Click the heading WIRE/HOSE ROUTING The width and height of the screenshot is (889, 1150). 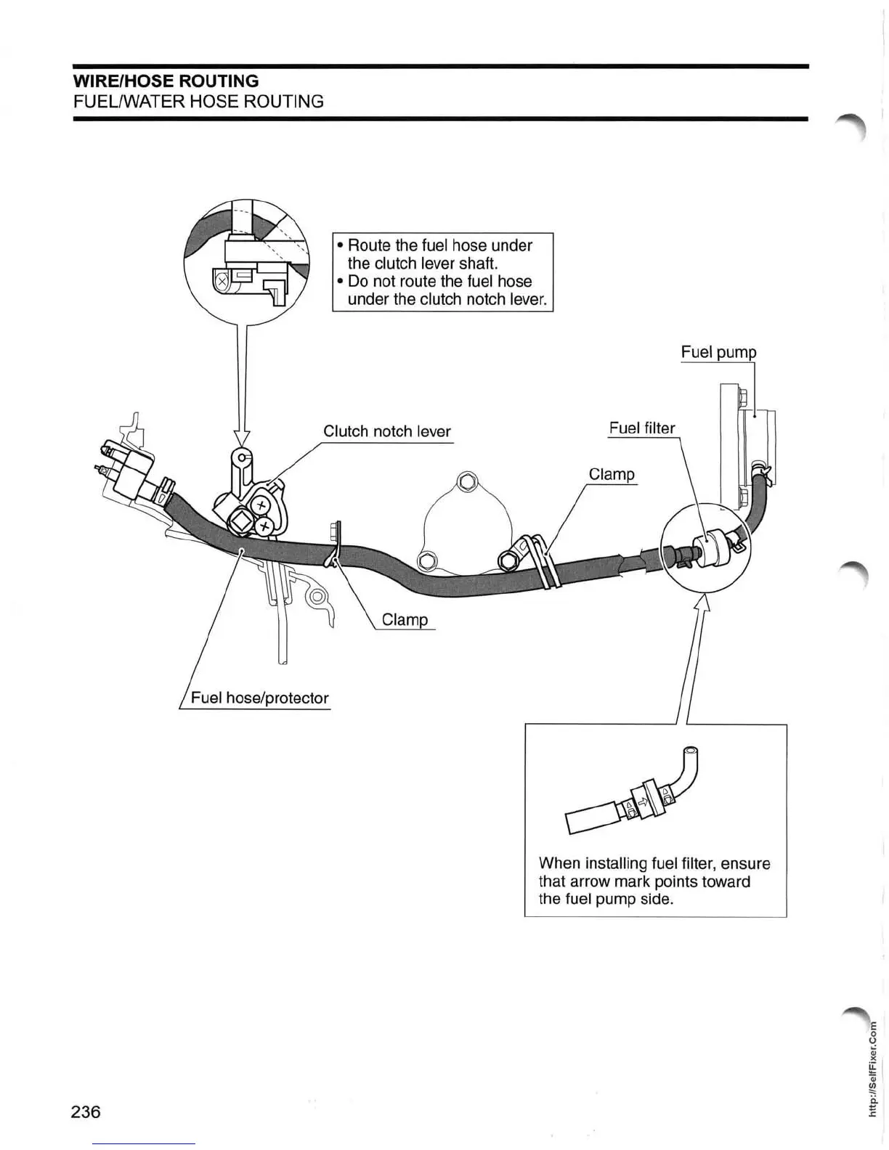click(x=166, y=81)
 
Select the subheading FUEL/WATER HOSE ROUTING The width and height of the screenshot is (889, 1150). click(x=198, y=101)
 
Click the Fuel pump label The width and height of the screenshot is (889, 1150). click(x=718, y=352)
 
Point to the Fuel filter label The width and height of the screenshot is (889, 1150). click(x=642, y=428)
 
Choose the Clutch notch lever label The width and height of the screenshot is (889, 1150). click(x=387, y=431)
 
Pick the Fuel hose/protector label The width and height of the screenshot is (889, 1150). click(x=259, y=698)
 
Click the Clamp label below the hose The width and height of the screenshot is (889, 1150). click(x=405, y=620)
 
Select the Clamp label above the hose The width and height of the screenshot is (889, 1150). click(x=612, y=474)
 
